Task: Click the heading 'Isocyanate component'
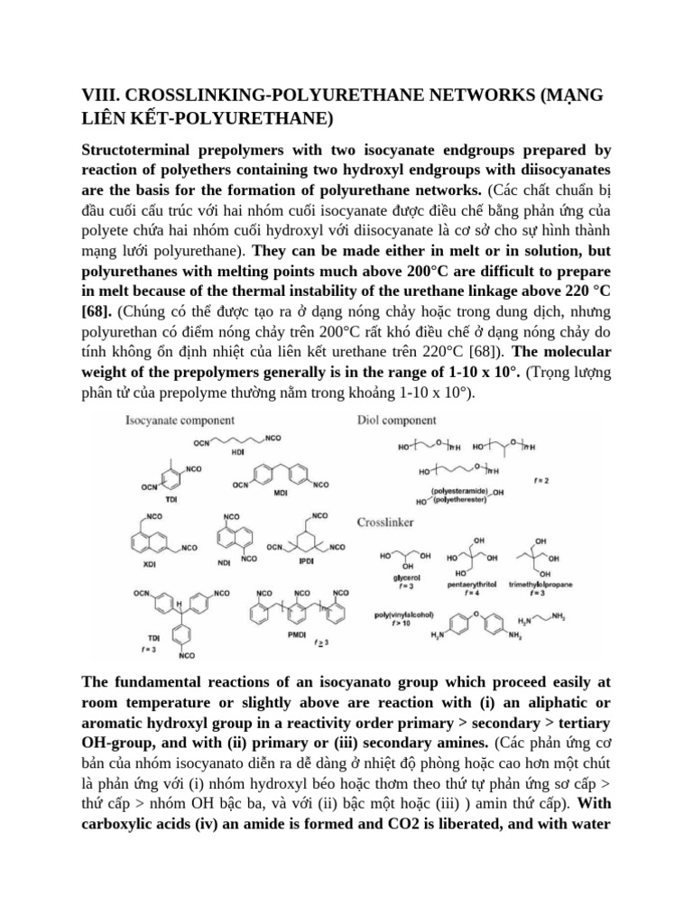[180, 420]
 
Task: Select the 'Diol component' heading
[397, 420]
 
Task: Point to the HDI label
[239, 453]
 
